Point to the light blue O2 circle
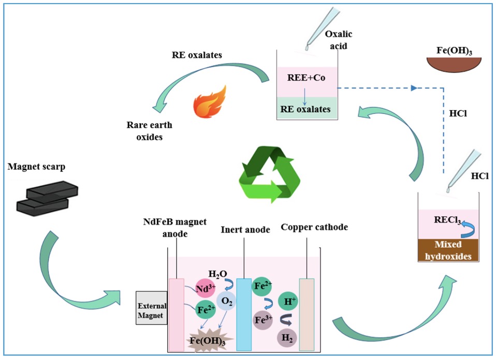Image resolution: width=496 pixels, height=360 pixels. point(226,301)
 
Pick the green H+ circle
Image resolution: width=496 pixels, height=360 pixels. point(287,301)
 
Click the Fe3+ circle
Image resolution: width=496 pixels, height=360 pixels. point(261,320)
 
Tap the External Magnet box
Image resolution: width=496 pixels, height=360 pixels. point(151,308)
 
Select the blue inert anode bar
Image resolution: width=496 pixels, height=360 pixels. point(243,314)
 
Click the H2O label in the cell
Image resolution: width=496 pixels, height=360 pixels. point(218,273)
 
